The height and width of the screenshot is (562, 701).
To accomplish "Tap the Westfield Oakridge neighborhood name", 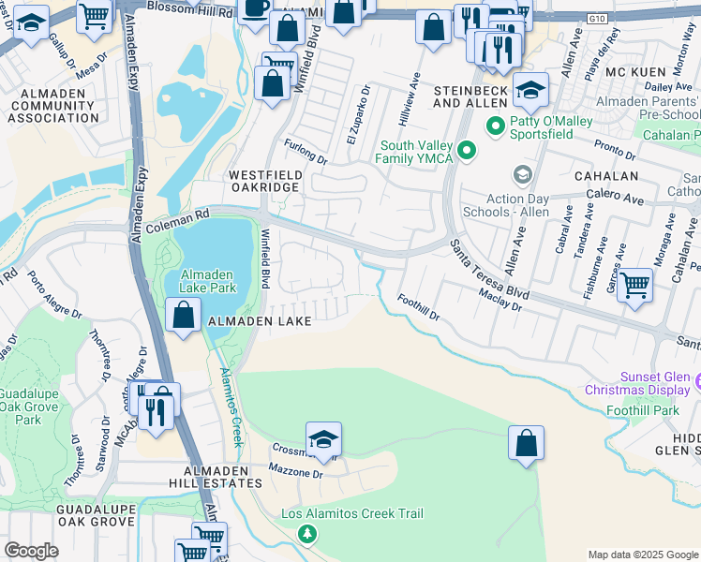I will [264, 181].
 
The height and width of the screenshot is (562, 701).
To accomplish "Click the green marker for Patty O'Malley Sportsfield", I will [494, 125].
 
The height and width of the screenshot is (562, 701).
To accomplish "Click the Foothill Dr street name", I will [418, 308].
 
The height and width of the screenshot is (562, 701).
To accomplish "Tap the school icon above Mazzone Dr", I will [323, 438].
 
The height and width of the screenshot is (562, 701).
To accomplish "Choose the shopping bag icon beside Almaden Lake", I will [184, 315].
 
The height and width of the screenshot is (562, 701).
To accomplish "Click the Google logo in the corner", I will [31, 551].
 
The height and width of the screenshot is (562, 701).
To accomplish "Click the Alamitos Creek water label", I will [231, 407].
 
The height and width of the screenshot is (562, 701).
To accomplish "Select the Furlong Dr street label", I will [306, 151].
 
